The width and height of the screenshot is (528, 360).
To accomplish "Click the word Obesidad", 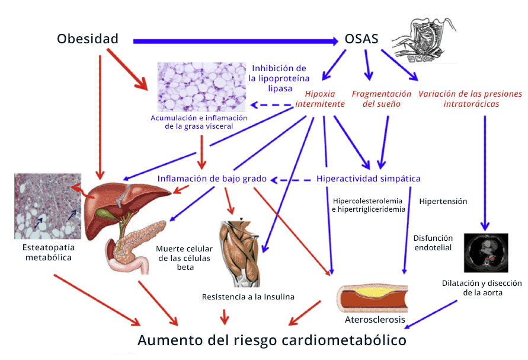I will tap(88, 39).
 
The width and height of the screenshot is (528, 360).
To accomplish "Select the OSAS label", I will tap(361, 40).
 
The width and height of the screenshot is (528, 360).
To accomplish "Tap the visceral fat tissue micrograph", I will tap(201, 87).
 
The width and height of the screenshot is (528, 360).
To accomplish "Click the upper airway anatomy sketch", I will tap(427, 39).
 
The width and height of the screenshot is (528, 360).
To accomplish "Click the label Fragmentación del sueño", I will tap(381, 98).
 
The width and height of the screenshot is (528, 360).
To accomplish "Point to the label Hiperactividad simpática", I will tap(369, 178).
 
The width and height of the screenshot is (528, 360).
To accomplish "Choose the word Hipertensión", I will tap(443, 201).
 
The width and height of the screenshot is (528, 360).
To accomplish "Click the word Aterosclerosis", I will tap(375, 320).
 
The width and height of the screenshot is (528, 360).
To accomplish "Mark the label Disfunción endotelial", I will tap(433, 243).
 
